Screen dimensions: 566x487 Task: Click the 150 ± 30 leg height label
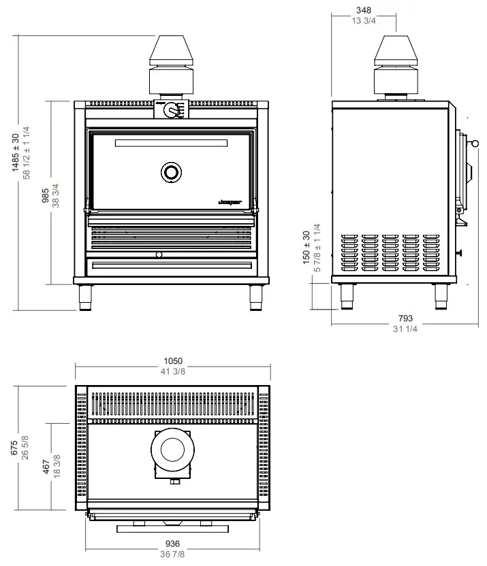point(307,248)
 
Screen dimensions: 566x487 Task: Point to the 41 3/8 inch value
point(173,372)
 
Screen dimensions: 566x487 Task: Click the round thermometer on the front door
point(172,172)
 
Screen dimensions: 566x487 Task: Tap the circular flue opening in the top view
point(172,450)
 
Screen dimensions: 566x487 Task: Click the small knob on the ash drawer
point(159,254)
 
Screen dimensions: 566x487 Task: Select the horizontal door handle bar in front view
point(172,143)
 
